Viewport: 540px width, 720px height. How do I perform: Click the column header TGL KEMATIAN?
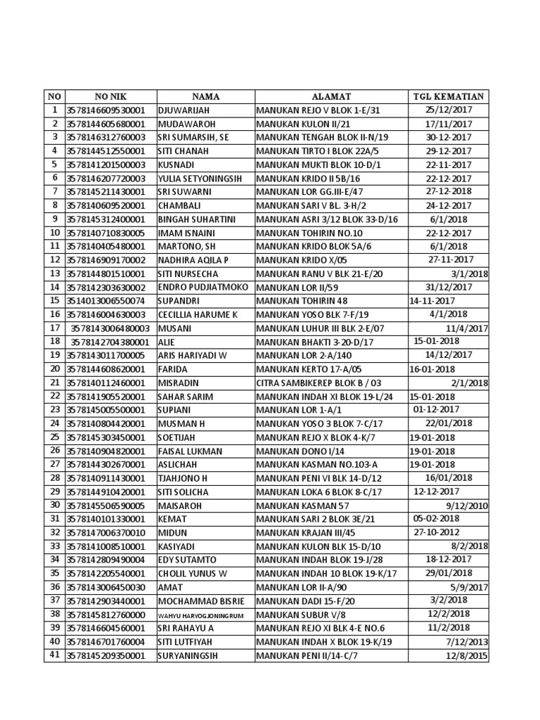pyautogui.click(x=449, y=96)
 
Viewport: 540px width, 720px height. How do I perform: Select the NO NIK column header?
pyautogui.click(x=110, y=96)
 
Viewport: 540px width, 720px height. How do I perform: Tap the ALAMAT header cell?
pyautogui.click(x=331, y=96)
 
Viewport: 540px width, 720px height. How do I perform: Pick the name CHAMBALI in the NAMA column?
pyautogui.click(x=180, y=205)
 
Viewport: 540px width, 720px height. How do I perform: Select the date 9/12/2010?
pyautogui.click(x=467, y=506)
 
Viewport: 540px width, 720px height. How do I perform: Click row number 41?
pyautogui.click(x=53, y=655)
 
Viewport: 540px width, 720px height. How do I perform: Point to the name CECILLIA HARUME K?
pyautogui.click(x=198, y=314)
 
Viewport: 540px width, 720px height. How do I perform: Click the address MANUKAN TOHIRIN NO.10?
pyautogui.click(x=309, y=233)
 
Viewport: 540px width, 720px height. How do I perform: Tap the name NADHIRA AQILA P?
pyautogui.click(x=193, y=260)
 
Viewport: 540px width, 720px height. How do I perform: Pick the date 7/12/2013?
pyautogui.click(x=467, y=641)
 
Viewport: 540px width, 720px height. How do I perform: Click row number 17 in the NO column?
pyautogui.click(x=53, y=328)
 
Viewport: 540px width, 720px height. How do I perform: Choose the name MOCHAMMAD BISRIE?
pyautogui.click(x=200, y=600)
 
